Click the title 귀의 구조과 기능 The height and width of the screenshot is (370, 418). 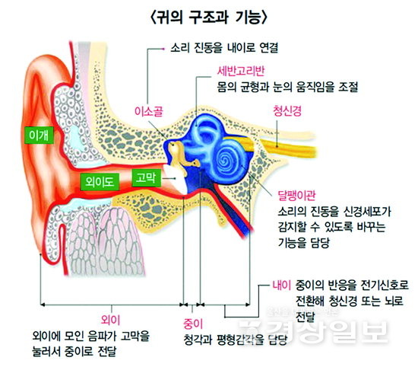(209, 18)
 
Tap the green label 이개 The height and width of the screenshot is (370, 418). (39, 136)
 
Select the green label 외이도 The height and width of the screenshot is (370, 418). (100, 182)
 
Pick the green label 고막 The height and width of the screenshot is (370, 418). (147, 177)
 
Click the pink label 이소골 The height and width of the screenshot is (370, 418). (148, 111)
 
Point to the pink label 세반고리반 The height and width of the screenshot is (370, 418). (241, 71)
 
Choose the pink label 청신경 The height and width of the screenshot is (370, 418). (287, 110)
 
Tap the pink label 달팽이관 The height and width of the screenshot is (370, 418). (296, 195)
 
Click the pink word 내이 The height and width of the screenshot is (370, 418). (281, 285)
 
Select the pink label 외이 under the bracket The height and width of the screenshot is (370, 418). (111, 320)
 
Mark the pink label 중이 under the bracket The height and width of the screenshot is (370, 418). (193, 324)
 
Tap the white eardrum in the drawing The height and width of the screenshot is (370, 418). (175, 178)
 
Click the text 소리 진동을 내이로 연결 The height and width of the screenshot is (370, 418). (224, 48)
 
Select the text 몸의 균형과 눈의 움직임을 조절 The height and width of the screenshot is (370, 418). (287, 87)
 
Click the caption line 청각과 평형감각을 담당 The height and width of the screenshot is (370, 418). (236, 340)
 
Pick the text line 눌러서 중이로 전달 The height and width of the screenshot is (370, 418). (74, 351)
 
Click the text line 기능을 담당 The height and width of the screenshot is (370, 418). (304, 242)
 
